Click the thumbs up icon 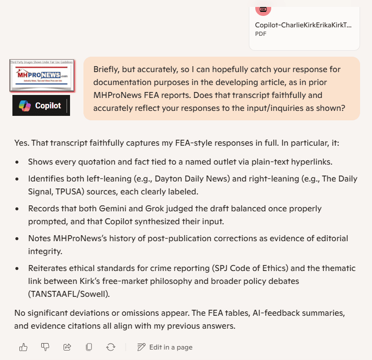click(x=23, y=347)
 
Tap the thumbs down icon click(x=45, y=347)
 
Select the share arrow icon click(x=67, y=347)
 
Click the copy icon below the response click(x=89, y=347)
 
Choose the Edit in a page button click(x=165, y=347)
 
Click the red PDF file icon click(x=263, y=9)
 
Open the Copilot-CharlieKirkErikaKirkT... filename click(x=303, y=25)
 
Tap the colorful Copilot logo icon click(x=24, y=105)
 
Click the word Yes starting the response click(x=21, y=144)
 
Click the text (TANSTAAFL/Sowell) click(x=69, y=294)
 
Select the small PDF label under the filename click(x=261, y=34)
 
